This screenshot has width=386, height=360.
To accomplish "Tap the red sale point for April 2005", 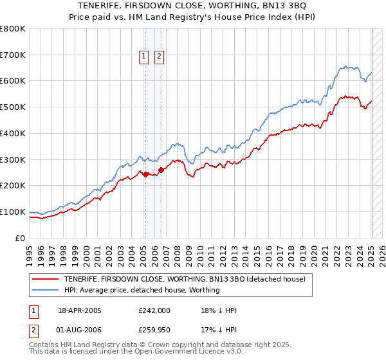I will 145,174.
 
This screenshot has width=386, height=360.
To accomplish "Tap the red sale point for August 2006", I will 161,169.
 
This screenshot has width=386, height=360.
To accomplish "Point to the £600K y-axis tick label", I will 13,81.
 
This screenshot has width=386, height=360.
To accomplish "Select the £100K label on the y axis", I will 13,212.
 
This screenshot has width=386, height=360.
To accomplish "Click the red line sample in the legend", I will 45,279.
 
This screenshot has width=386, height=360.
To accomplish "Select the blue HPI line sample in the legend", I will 45,290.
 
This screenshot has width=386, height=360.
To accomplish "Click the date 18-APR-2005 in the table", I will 80,310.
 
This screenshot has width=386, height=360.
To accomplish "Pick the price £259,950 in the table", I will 154,331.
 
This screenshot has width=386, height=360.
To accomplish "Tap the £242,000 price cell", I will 154,310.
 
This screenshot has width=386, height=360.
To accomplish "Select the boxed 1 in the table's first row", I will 33,310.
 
